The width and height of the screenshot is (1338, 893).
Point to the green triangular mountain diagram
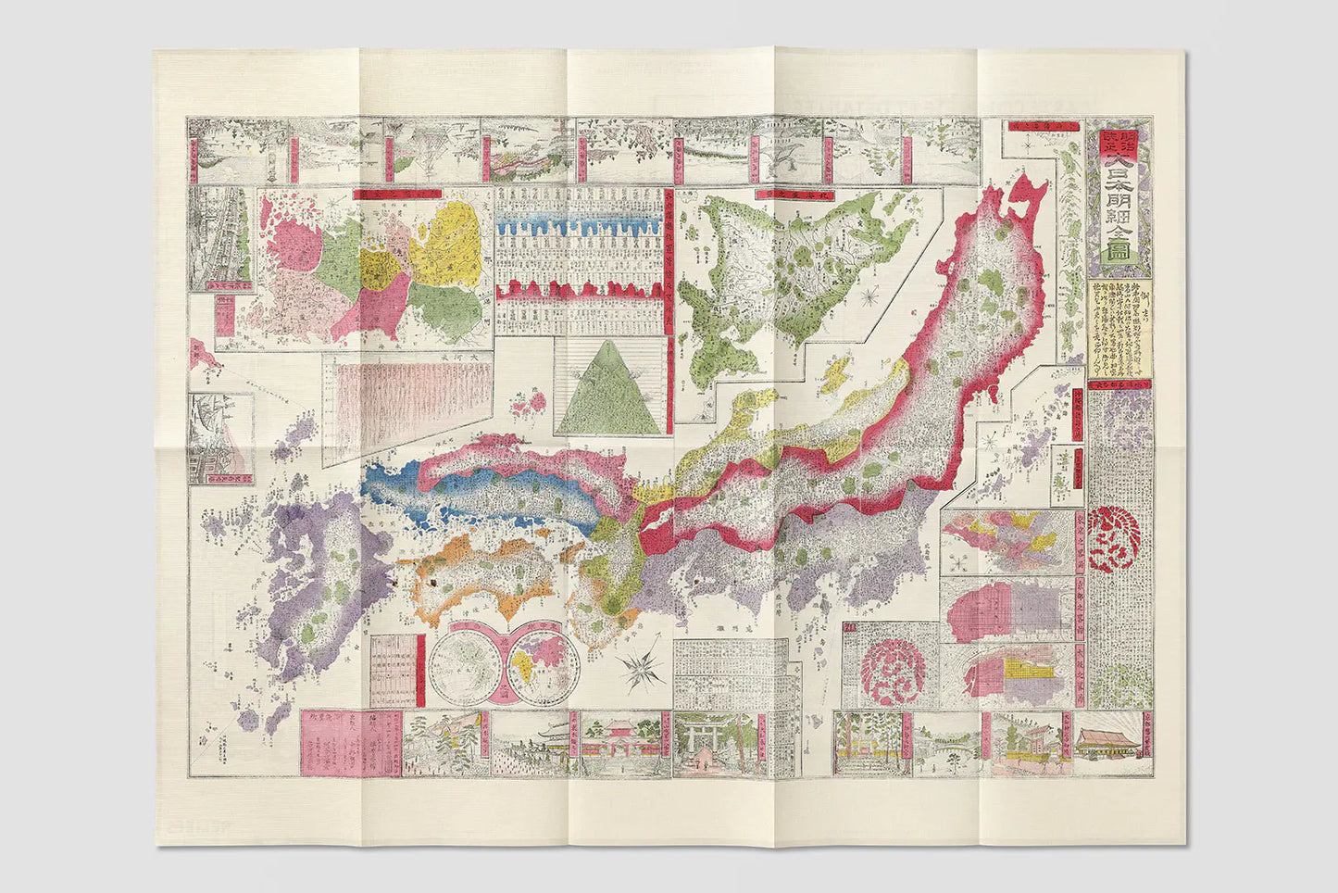[x=608, y=385]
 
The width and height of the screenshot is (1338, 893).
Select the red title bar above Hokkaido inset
[x=782, y=194]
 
